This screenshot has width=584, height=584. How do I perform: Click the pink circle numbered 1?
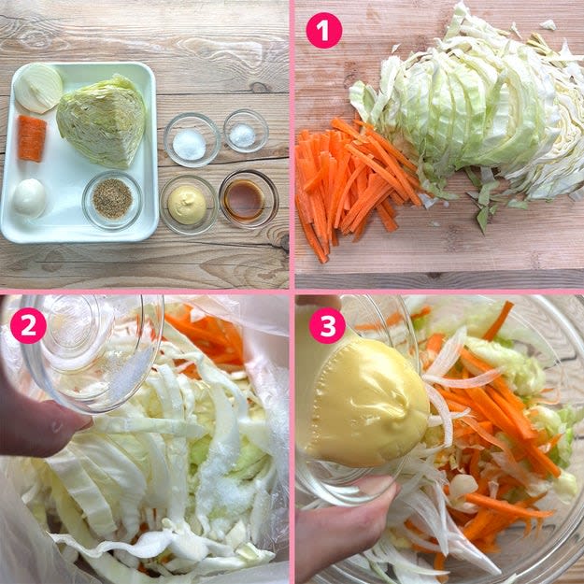(323, 30)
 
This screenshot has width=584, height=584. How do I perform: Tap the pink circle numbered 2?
(28, 325)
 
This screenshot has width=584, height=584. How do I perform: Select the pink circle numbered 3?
(327, 325)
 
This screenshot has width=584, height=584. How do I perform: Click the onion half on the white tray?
(38, 88)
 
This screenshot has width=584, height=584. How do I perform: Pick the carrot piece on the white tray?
(32, 138)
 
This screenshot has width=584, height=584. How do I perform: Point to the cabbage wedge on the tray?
(101, 121)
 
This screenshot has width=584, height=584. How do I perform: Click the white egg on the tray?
(29, 197)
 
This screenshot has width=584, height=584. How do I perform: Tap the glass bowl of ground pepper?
(112, 200)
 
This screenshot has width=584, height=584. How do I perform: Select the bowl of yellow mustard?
(189, 204)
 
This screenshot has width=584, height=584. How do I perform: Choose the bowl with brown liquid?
(249, 200)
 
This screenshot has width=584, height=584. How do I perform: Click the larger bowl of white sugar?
(192, 140)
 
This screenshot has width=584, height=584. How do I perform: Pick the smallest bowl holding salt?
(246, 131)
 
